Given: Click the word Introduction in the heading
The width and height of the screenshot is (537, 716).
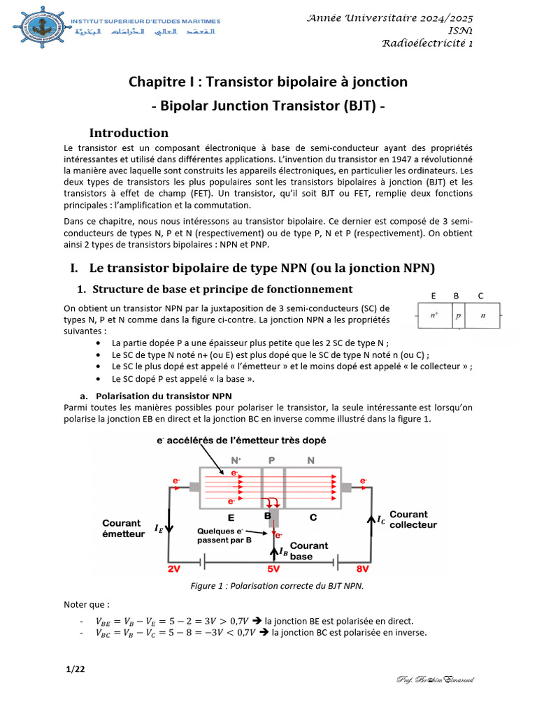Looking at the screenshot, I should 129,133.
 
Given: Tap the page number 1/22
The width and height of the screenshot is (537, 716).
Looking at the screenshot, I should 75,669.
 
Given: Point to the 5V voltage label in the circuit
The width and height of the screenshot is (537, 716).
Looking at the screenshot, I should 273,569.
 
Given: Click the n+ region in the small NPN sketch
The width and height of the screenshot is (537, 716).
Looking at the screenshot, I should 434,315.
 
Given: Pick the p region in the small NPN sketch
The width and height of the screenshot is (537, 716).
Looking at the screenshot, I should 459,315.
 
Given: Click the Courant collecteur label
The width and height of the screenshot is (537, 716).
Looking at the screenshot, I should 413,520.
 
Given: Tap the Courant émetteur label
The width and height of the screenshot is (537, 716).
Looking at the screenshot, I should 122,529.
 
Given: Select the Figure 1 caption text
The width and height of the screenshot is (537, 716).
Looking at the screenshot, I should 277,586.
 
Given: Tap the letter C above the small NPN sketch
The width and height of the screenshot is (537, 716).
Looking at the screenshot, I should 480,296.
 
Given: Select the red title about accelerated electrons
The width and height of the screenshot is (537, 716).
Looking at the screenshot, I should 241,441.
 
